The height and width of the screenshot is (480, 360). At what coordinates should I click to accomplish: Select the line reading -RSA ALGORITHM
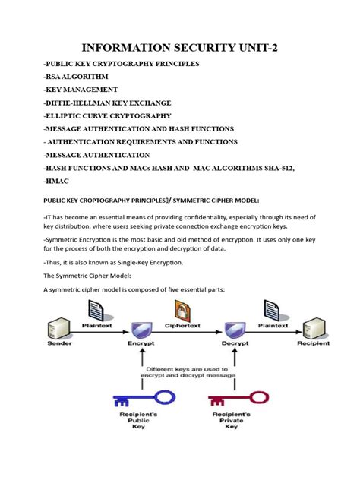coord(76,77)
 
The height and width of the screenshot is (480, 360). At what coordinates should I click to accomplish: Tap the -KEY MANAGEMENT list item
coord(81,90)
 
